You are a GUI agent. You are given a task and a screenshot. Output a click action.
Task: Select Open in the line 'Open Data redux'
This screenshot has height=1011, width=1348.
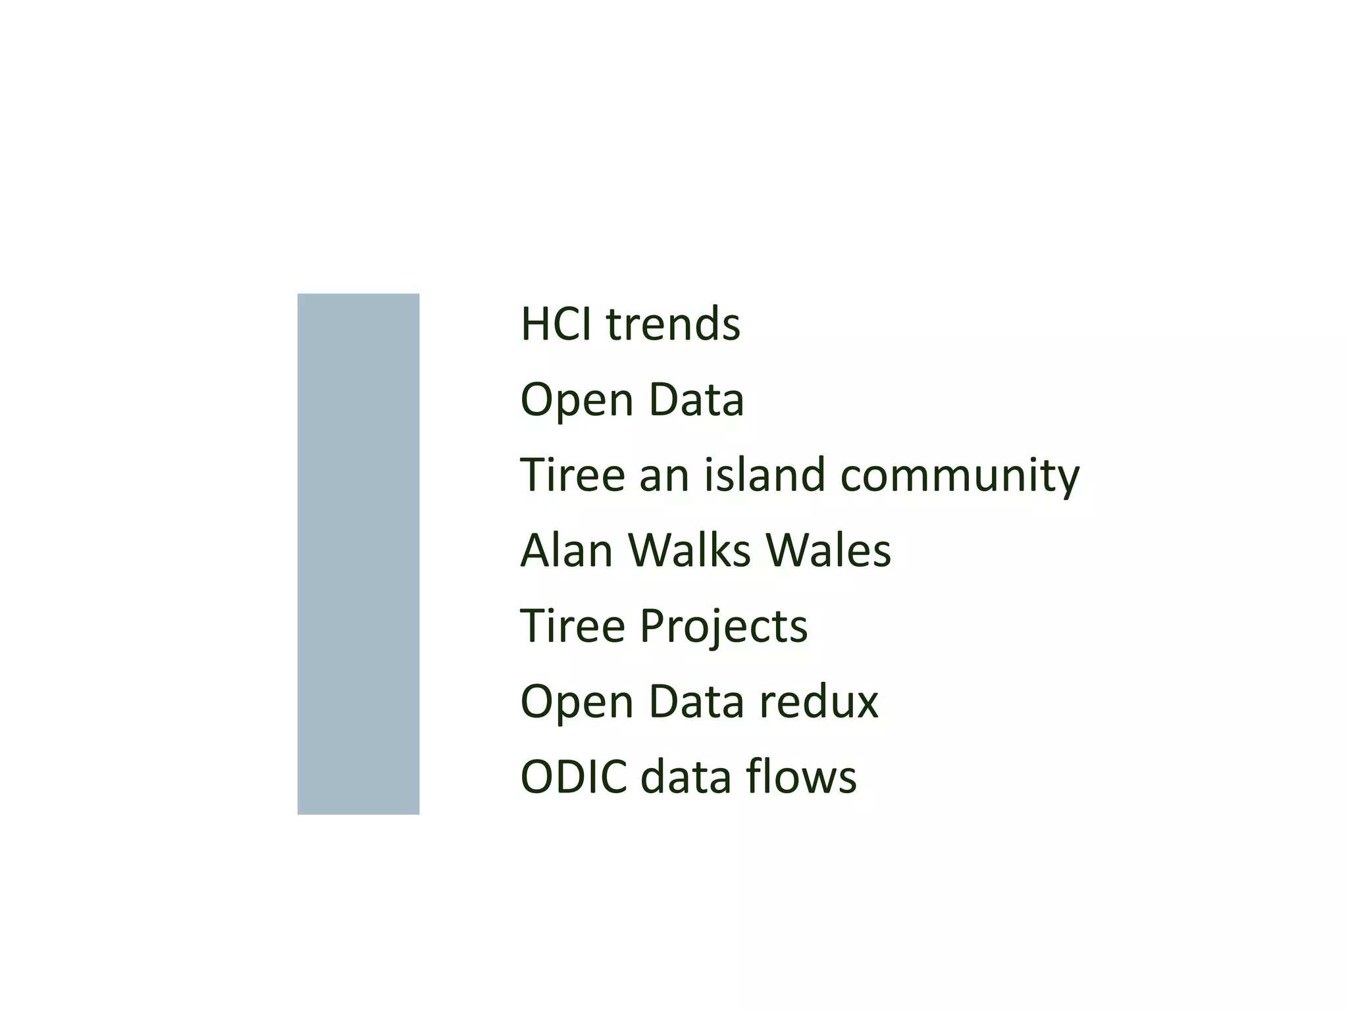tap(576, 702)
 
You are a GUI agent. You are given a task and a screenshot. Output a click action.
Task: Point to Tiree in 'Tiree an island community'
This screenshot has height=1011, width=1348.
tap(572, 475)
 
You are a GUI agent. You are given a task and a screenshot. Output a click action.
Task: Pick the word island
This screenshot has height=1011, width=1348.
tap(764, 475)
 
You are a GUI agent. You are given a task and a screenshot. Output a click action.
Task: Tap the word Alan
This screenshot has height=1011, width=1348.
tap(566, 550)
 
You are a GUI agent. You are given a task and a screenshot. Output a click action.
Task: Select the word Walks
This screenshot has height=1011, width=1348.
tap(688, 550)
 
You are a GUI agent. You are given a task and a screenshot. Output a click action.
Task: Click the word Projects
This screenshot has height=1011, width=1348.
tap(723, 627)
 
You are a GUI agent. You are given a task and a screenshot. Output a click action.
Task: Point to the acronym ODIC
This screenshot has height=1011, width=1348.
tap(573, 777)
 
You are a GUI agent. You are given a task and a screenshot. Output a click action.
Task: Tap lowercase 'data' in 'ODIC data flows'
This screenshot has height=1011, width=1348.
tap(686, 777)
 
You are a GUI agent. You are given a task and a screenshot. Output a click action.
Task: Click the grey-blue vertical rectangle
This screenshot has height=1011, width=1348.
tap(358, 554)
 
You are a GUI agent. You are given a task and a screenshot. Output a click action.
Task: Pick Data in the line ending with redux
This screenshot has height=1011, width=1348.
tap(696, 702)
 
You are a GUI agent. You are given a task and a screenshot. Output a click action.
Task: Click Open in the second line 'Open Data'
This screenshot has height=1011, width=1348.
tap(576, 400)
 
